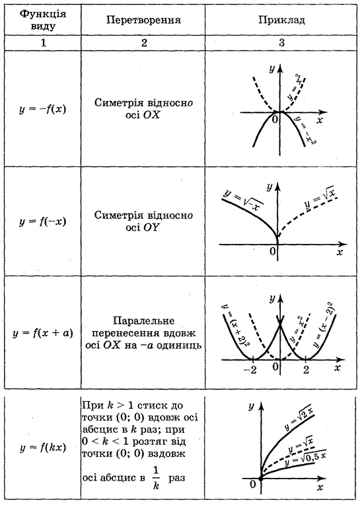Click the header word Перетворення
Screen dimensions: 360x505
[x=143, y=20]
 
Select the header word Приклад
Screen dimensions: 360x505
[x=281, y=20]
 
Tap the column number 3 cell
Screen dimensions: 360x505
[x=281, y=42]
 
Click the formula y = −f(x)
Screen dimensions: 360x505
[x=42, y=108]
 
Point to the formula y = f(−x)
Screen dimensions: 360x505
[x=42, y=221]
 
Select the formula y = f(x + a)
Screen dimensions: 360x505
[x=43, y=332]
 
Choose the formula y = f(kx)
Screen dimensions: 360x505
[x=42, y=447]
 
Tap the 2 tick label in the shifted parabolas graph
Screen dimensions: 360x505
[x=306, y=369]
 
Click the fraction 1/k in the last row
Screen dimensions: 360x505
[x=156, y=478]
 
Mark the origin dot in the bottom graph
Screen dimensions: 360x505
[x=261, y=479]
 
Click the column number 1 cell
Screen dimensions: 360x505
[x=43, y=42]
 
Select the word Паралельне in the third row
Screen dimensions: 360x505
[x=143, y=321]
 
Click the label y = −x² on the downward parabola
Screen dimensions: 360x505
[x=304, y=130]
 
